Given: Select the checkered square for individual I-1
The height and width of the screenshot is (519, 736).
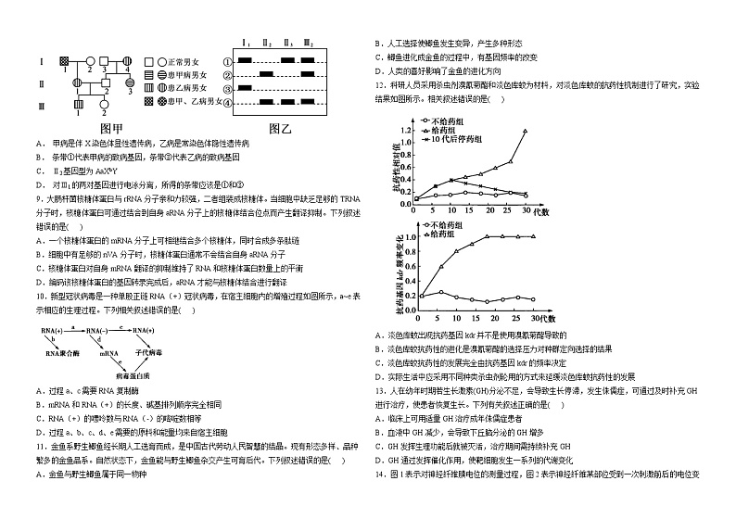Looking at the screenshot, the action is (x=63, y=61).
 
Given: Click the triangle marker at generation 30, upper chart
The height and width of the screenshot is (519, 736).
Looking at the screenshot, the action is (x=526, y=131).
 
